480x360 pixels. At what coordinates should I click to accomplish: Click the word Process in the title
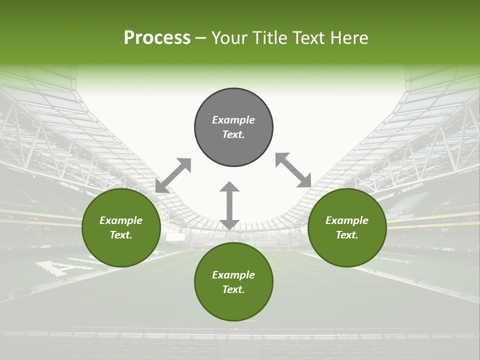(x=157, y=38)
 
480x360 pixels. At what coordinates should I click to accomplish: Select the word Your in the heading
(x=229, y=38)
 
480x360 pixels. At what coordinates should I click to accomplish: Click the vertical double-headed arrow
(x=229, y=206)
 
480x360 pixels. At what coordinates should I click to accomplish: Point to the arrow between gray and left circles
(x=173, y=175)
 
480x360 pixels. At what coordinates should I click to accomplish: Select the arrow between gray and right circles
(x=293, y=170)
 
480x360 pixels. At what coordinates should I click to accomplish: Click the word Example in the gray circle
(x=233, y=120)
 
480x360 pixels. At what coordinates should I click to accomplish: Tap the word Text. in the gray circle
(x=233, y=134)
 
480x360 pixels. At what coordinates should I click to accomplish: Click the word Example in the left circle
(x=121, y=220)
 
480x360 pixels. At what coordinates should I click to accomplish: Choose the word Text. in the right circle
(x=347, y=235)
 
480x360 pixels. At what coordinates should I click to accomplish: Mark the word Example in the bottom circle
(x=233, y=275)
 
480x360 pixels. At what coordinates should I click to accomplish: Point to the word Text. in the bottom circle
(x=233, y=289)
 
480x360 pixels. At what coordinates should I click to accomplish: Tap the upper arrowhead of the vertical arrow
(x=229, y=188)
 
